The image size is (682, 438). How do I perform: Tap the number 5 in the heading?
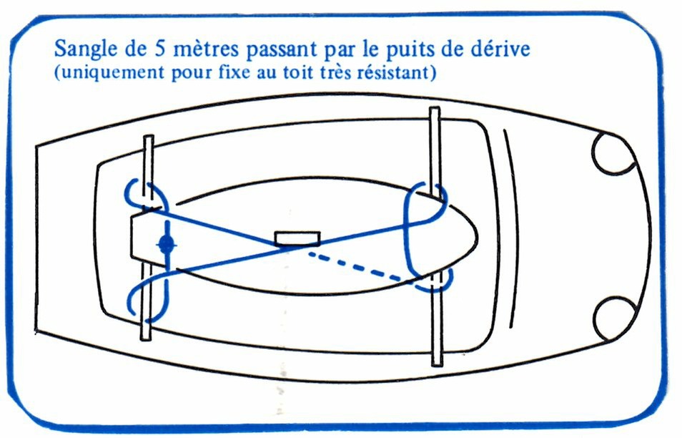pyautogui.click(x=159, y=49)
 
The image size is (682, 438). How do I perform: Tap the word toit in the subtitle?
pyautogui.click(x=298, y=72)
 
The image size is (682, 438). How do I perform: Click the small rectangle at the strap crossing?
pyautogui.click(x=297, y=238)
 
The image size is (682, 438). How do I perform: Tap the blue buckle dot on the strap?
pyautogui.click(x=166, y=245)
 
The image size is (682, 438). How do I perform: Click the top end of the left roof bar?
pyautogui.click(x=148, y=137)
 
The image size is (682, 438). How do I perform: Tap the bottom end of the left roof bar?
pyautogui.click(x=146, y=339)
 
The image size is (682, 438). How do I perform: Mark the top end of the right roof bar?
pyautogui.click(x=435, y=108)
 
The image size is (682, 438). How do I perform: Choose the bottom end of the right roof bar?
pyautogui.click(x=437, y=365)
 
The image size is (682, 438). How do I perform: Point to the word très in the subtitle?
pyautogui.click(x=335, y=72)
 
